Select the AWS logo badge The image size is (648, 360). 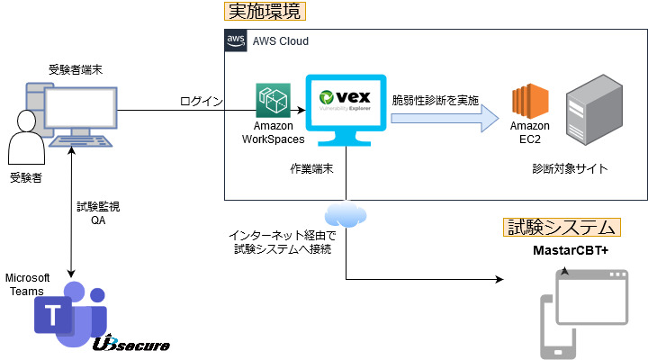pyautogui.click(x=237, y=41)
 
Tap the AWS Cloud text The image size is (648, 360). pyautogui.click(x=280, y=41)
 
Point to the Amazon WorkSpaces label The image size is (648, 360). pyautogui.click(x=273, y=133)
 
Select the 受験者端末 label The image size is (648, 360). pyautogui.click(x=76, y=69)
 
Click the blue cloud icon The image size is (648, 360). pyautogui.click(x=346, y=214)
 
